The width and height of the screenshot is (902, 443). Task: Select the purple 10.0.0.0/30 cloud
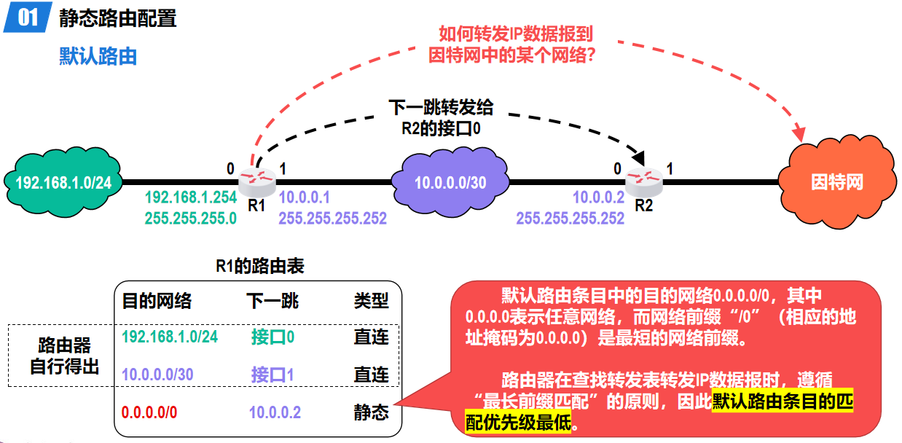coord(450,181)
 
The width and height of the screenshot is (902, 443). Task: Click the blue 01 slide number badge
coord(28,17)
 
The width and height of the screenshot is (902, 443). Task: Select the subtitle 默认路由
coord(98,56)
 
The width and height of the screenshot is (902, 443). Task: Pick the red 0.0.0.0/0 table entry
coord(149,412)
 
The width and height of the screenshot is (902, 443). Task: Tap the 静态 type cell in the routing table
coord(371,412)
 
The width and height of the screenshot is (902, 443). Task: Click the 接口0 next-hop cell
coord(272,337)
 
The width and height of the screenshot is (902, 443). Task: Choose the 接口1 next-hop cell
coord(272,375)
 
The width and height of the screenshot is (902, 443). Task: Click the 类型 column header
coord(371,300)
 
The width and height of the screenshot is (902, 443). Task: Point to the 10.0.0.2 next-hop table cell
coord(275,412)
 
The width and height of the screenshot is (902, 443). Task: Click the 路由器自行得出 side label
coord(65,356)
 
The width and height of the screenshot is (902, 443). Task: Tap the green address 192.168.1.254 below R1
coord(191,197)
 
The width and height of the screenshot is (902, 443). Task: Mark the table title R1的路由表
coord(260,267)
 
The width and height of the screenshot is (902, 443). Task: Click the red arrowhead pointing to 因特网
coord(799,134)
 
